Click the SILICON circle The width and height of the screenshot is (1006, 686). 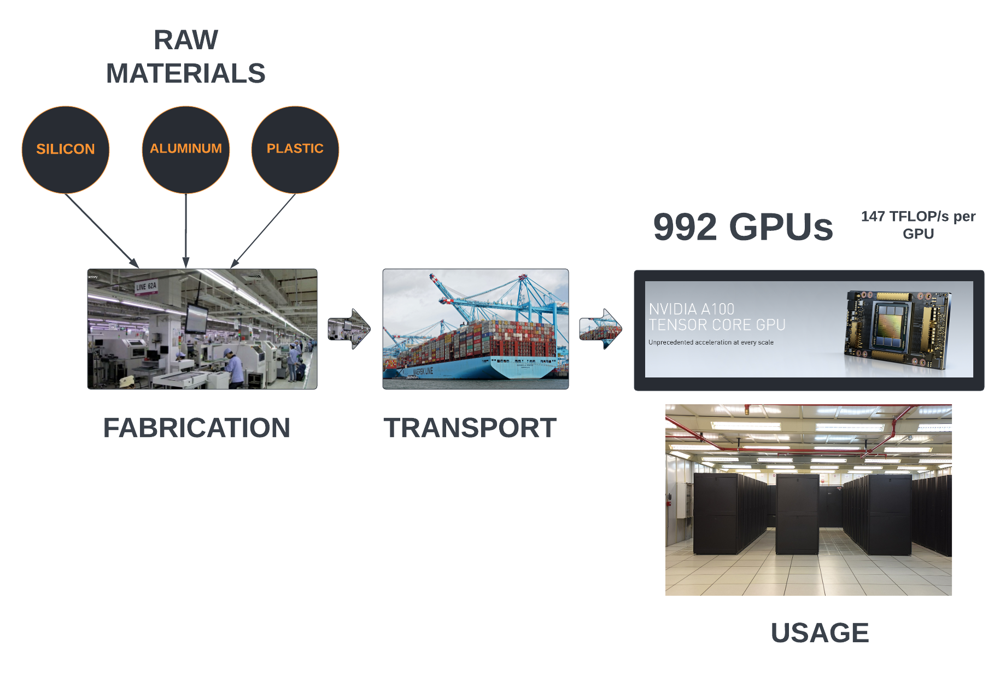(66, 149)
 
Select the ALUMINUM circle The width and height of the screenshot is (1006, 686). (186, 149)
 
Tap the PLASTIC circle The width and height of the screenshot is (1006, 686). (295, 149)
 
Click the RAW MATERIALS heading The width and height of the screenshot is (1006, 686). (186, 57)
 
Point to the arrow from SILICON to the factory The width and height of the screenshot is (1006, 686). (101, 230)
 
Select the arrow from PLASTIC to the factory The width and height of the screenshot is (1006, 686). (264, 230)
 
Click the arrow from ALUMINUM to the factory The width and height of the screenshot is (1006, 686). (186, 230)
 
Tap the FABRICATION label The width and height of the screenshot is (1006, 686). (197, 428)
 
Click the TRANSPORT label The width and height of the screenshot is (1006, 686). (470, 428)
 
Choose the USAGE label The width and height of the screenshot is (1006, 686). (820, 633)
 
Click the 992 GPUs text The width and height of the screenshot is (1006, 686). (743, 227)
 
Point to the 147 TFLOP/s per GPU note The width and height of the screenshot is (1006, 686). (918, 225)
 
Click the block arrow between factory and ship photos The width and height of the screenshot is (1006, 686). (349, 329)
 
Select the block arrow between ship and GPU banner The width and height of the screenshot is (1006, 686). (600, 329)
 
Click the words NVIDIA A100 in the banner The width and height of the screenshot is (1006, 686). (692, 309)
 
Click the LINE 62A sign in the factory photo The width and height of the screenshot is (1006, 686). (146, 286)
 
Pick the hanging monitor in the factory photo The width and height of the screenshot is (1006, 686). (196, 318)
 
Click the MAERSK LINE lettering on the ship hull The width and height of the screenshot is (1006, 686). (423, 371)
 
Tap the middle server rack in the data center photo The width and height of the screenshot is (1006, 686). (797, 514)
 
